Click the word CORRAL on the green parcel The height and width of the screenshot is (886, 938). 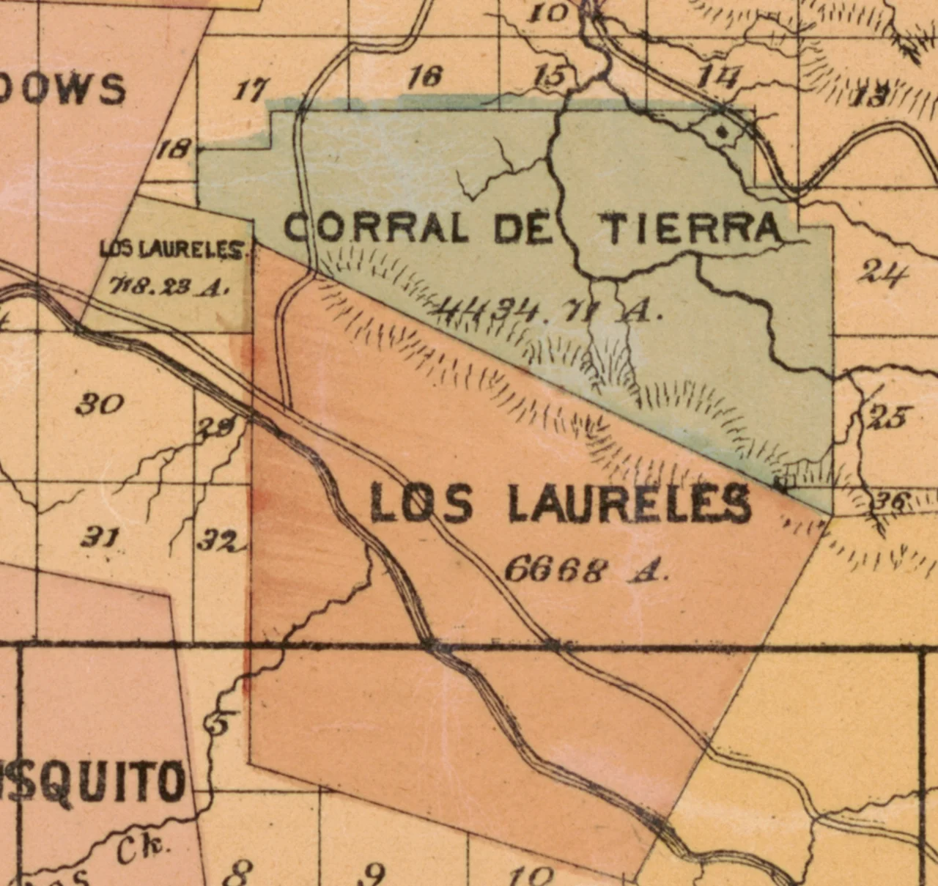[375, 228]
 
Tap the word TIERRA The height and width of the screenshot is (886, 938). [692, 228]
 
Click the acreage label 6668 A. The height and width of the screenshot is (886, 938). [586, 569]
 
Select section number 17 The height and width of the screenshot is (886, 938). [251, 91]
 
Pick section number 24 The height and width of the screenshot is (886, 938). [884, 273]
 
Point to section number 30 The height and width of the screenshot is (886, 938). [100, 404]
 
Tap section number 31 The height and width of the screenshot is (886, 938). [100, 539]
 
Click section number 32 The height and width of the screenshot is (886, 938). [218, 542]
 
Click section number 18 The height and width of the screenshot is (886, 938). [174, 150]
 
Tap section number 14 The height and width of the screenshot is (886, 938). [718, 76]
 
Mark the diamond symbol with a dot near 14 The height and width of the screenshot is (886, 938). [723, 133]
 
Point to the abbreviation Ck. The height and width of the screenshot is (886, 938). [143, 850]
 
